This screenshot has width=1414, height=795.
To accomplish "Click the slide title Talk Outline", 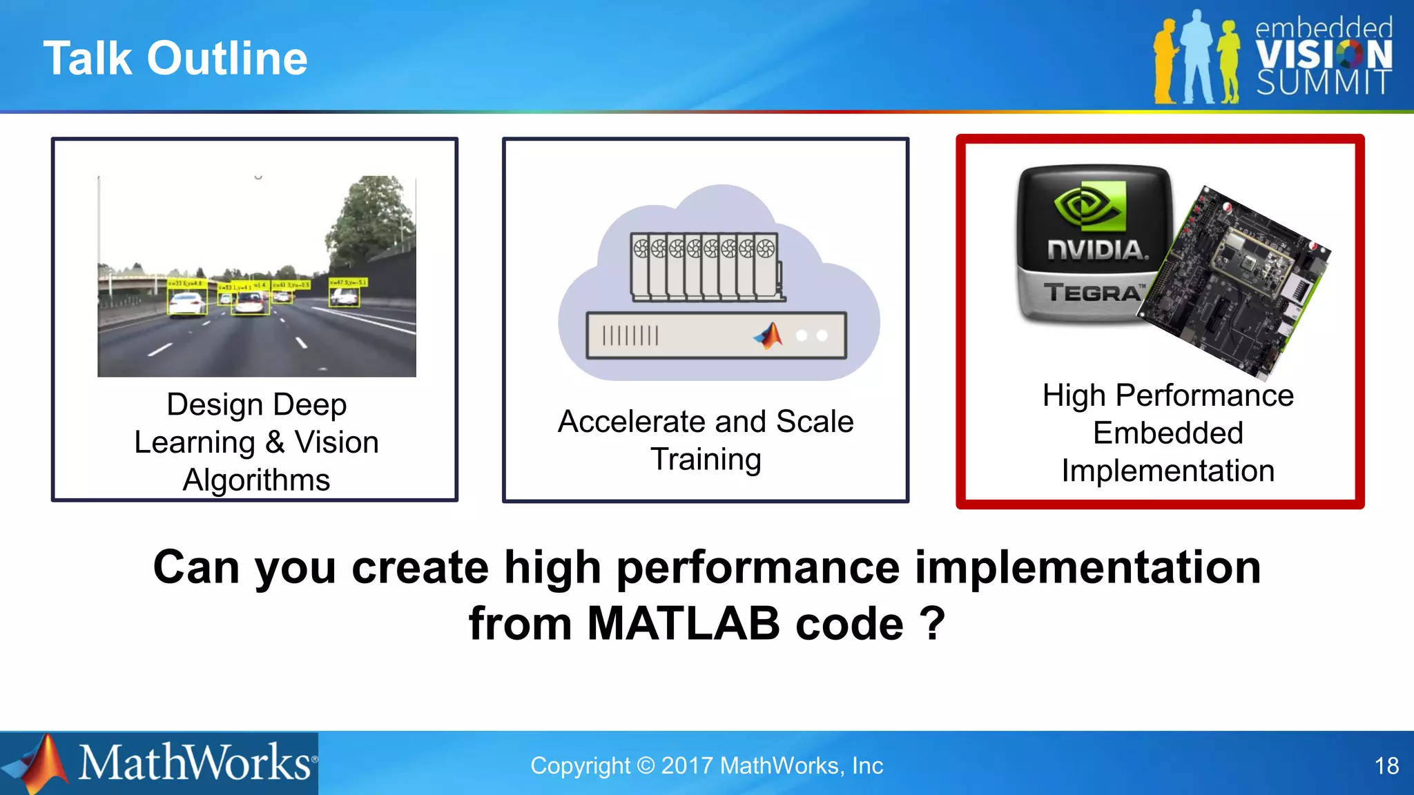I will click(x=175, y=58).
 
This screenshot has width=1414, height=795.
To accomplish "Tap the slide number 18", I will click(x=1386, y=766).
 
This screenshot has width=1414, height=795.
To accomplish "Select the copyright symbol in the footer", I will click(x=646, y=766).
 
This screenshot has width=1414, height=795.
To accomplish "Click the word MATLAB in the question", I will click(x=684, y=624).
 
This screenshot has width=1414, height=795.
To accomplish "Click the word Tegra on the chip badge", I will click(x=1092, y=293).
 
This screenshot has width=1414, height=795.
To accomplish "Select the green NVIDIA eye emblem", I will click(x=1089, y=206).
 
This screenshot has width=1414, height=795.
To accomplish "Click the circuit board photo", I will click(x=1239, y=283).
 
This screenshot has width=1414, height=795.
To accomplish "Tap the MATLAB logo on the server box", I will click(x=769, y=335).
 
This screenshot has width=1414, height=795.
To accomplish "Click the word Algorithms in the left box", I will click(x=256, y=480).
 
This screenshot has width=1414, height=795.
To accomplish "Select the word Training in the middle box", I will click(x=706, y=460).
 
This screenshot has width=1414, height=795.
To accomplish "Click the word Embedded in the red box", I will click(x=1168, y=433).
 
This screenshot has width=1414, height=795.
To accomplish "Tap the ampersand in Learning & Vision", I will click(x=275, y=442).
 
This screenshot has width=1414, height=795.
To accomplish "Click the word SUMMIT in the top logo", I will click(x=1323, y=83).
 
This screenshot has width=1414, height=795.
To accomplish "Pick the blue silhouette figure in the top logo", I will click(x=1196, y=59).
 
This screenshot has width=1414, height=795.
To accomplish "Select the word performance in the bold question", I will click(x=757, y=567).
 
